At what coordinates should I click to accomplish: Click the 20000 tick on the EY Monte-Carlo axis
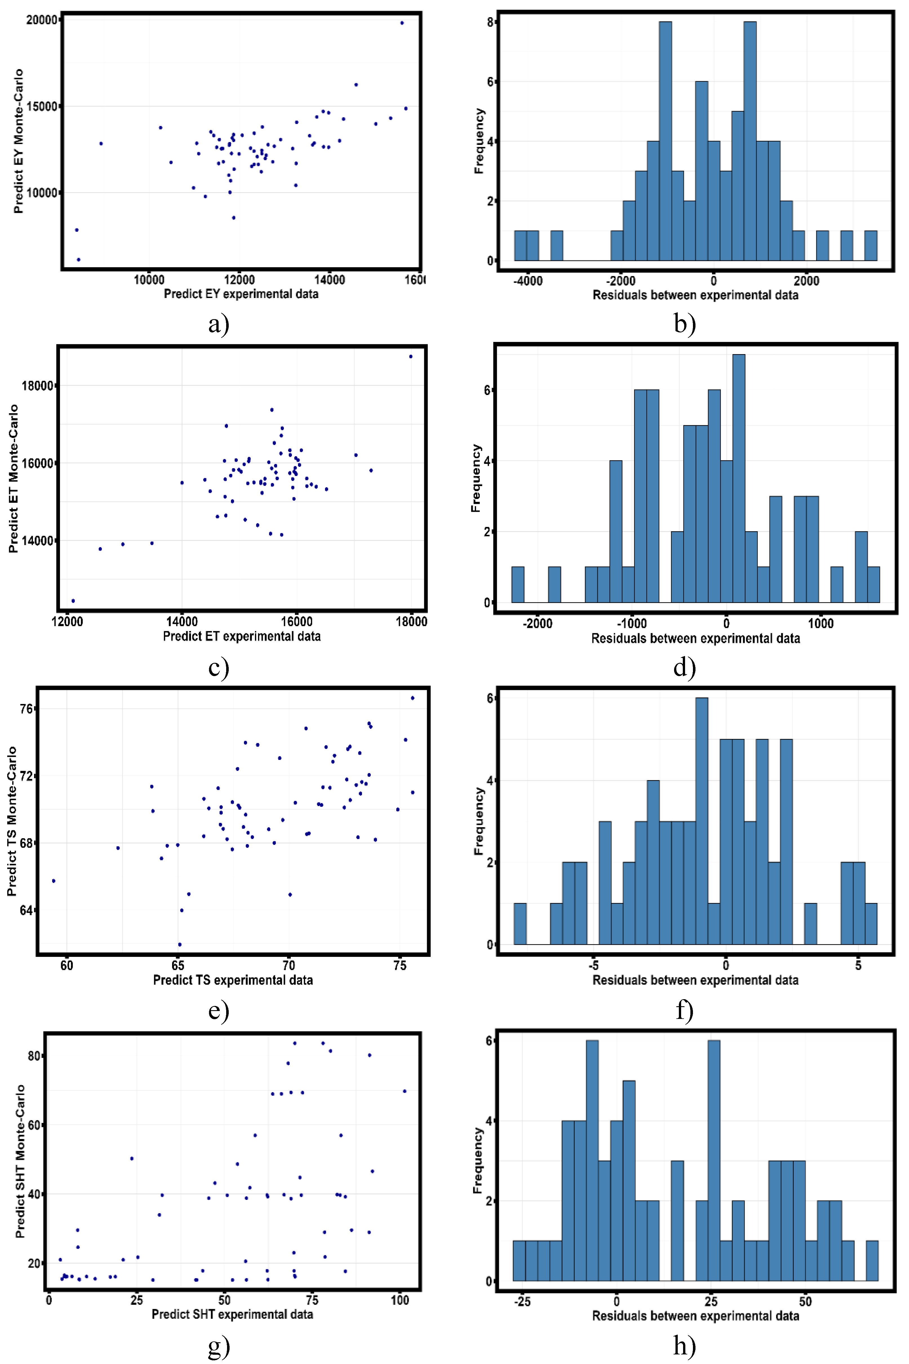pos(42,20)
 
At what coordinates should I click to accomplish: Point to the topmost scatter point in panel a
pos(402,23)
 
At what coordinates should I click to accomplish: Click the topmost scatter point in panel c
pos(410,356)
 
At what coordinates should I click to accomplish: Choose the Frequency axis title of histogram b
pos(479,141)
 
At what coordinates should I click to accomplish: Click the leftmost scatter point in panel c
pos(73,601)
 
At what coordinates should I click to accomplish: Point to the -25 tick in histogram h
pos(522,1301)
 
